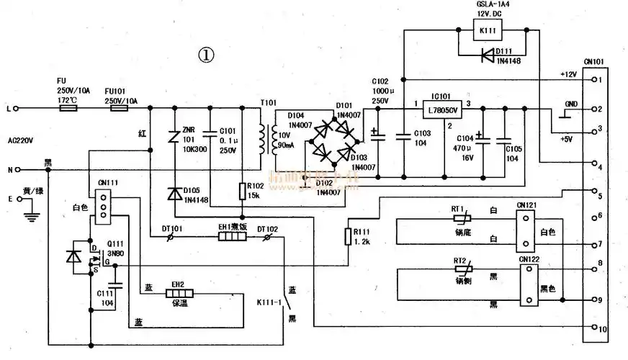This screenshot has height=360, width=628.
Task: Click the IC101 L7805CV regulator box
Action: pos(442,109)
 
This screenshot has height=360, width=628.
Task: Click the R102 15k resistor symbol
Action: pos(243,192)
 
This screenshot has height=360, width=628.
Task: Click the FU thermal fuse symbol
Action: pos(68,109)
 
